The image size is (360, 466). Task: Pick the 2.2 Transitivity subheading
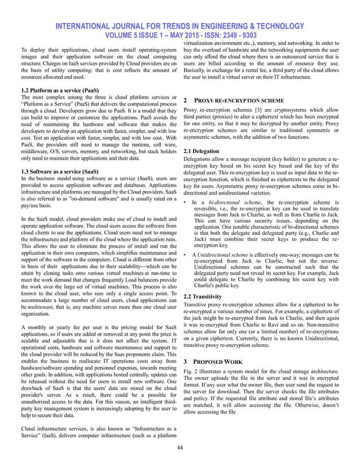click(204, 296)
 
